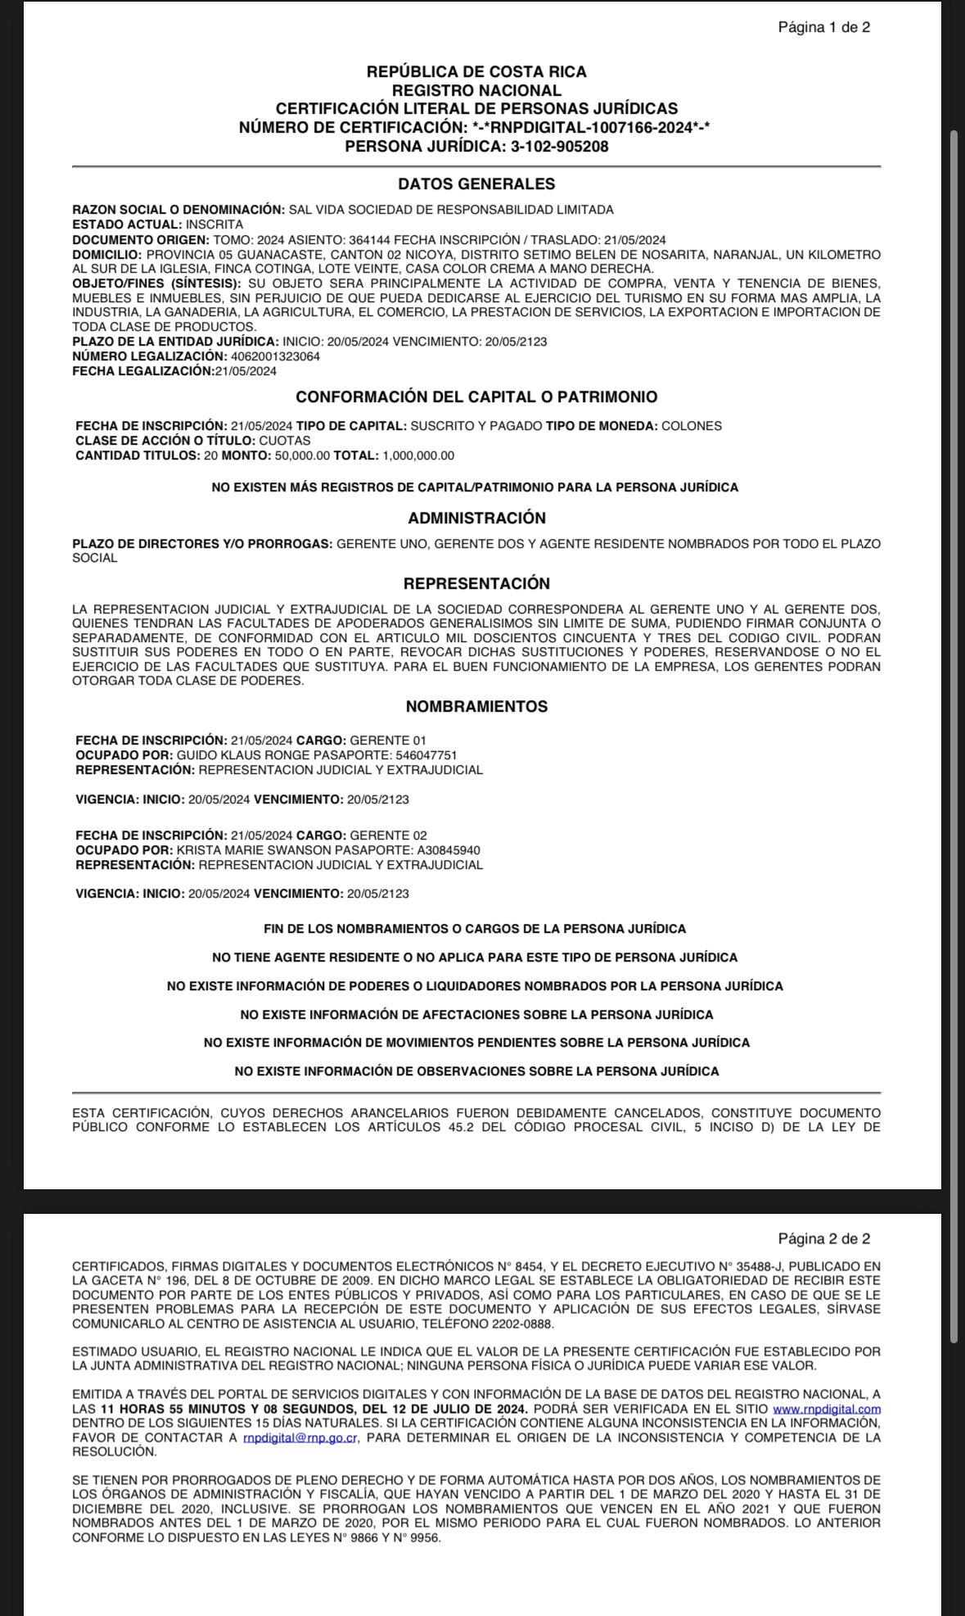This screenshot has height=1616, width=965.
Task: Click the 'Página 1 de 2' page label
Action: (x=823, y=27)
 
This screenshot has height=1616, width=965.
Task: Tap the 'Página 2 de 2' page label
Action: (x=823, y=1238)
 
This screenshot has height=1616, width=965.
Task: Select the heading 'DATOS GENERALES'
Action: (x=476, y=184)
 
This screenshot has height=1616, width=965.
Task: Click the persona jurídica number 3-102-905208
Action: (x=559, y=147)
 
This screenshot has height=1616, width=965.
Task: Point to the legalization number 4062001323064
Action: (x=276, y=356)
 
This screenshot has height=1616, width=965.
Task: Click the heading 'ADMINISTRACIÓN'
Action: (x=476, y=518)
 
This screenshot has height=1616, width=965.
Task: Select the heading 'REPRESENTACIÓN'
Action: (x=476, y=583)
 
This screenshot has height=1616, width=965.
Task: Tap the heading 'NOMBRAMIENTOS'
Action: (x=476, y=706)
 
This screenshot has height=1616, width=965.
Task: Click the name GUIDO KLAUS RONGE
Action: (x=228, y=755)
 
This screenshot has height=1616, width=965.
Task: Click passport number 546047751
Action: (x=426, y=755)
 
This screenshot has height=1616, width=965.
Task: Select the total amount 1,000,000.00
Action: (x=417, y=455)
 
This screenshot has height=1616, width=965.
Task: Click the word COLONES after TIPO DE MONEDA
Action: (x=692, y=426)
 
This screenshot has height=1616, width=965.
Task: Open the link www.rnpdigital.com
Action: (x=827, y=1409)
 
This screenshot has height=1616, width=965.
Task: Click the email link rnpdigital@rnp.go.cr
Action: (x=300, y=1437)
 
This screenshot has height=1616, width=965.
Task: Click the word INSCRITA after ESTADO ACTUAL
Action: (x=214, y=224)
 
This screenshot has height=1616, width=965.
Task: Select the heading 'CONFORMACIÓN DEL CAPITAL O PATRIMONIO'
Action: (x=476, y=397)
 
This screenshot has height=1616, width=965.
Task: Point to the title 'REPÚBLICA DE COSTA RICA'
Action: (x=476, y=72)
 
